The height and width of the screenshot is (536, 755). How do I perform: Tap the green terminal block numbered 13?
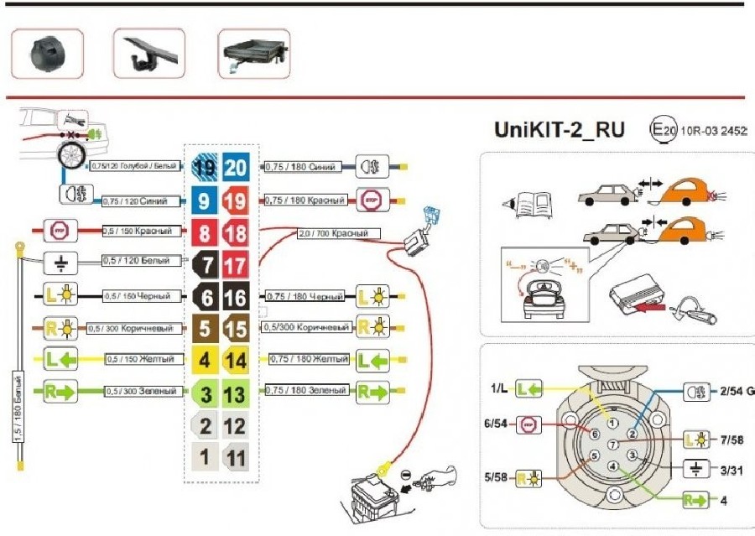click(x=236, y=391)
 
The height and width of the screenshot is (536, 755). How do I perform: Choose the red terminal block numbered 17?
click(x=236, y=263)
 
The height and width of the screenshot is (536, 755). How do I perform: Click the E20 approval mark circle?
click(x=662, y=130)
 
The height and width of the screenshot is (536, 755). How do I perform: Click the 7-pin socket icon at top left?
click(x=46, y=54)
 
